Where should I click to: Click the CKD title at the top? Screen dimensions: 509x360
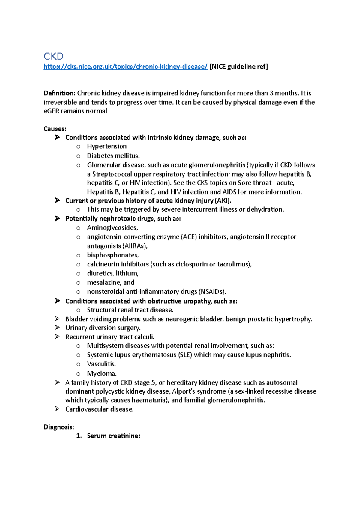point(53,56)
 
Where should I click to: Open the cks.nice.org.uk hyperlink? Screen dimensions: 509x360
point(125,67)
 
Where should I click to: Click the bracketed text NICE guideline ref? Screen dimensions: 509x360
point(239,67)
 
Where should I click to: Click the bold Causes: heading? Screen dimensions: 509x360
point(55,129)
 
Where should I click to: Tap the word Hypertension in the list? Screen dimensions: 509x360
point(107,146)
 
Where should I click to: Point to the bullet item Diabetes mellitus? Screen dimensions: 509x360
point(113,156)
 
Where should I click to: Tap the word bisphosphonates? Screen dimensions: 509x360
point(113,255)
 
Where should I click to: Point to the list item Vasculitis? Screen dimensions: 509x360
point(101,364)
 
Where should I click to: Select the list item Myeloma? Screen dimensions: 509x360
point(102,374)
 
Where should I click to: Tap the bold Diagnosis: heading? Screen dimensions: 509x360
point(58,427)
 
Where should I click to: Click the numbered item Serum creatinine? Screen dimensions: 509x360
point(113,436)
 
